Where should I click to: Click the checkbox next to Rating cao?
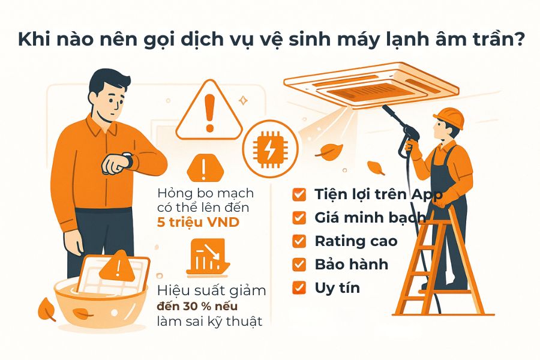tap(299, 241)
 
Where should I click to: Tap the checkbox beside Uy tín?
tap(299, 287)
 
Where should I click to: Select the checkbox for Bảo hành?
tap(299, 265)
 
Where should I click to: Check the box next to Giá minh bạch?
tap(299, 218)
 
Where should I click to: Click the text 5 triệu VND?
tap(198, 223)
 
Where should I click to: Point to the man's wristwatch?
tap(128, 160)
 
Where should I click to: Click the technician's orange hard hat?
tap(449, 117)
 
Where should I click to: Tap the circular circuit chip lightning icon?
tap(270, 149)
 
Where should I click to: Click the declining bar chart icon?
tap(208, 257)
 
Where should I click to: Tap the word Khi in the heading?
tap(33, 39)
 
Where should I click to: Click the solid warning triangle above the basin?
tap(117, 266)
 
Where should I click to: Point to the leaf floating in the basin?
tap(82, 313)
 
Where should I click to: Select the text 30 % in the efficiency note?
tap(196, 306)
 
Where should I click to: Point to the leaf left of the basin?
tap(46, 309)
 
